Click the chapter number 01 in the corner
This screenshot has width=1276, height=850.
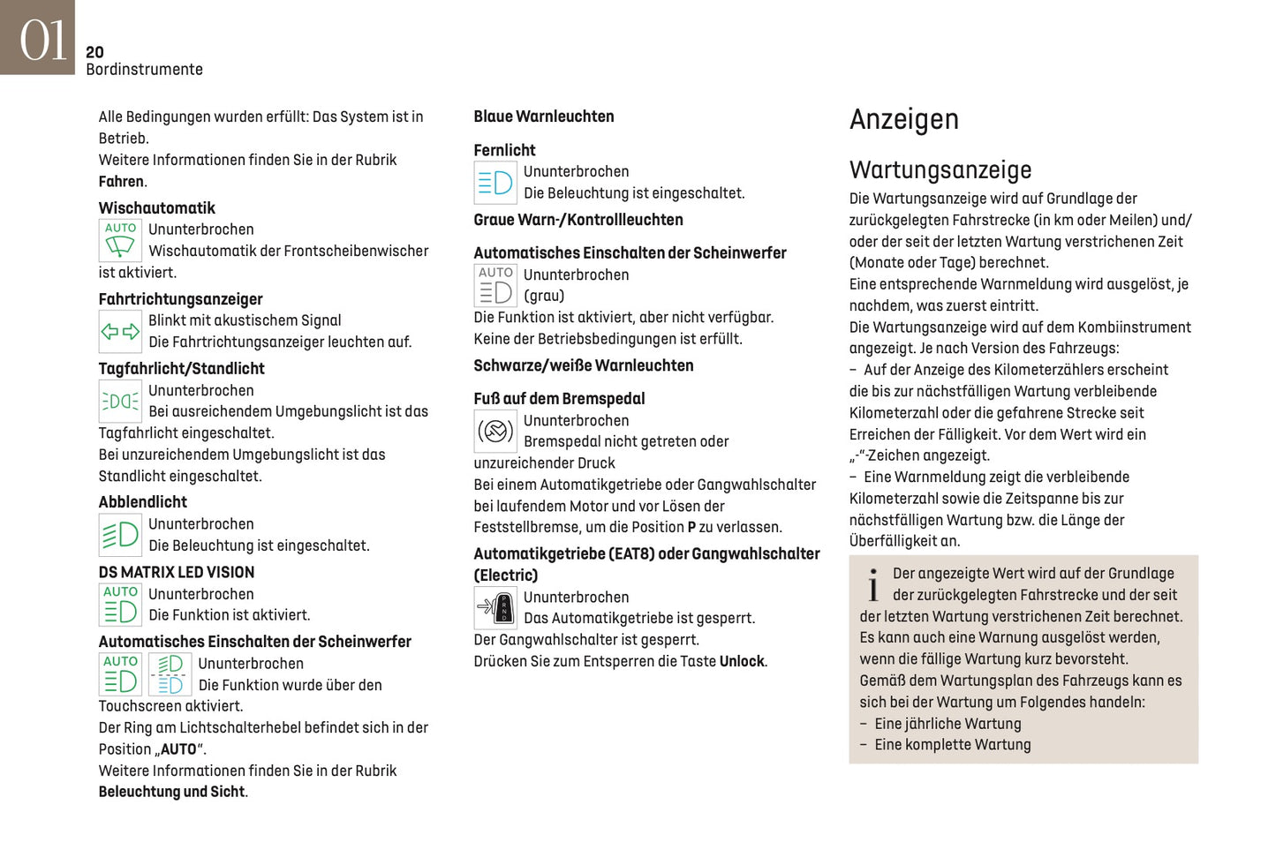[42, 40]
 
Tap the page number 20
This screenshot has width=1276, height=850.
[94, 52]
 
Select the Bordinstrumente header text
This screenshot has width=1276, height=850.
[144, 70]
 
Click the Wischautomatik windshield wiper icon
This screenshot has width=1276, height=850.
[120, 240]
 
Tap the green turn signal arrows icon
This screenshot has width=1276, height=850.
[120, 332]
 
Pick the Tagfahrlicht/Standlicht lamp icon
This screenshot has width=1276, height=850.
[120, 402]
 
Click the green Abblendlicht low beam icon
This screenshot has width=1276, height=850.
[120, 535]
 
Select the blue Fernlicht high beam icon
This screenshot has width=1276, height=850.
[495, 183]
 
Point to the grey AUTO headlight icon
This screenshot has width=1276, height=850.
[495, 285]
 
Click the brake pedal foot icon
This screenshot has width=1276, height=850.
[495, 432]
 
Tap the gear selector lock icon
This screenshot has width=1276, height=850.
[495, 607]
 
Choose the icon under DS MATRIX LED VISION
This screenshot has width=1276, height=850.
[120, 605]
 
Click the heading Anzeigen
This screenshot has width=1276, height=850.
[903, 119]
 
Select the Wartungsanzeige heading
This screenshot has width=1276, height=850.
[940, 169]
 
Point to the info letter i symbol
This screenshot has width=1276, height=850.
[872, 585]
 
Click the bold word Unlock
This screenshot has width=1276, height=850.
[742, 661]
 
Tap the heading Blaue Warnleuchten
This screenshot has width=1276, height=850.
[543, 117]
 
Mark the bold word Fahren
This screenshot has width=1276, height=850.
[121, 182]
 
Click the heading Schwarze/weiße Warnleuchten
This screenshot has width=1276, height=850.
[583, 365]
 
